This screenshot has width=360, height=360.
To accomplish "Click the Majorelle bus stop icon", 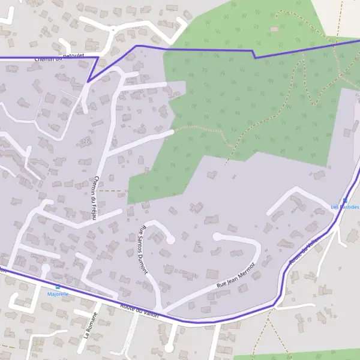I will coord(58,287).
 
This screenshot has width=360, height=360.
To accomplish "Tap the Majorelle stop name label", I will coord(58,294).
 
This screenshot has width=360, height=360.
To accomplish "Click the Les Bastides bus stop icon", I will coord(345,200).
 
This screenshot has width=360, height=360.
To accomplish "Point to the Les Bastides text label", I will coord(345,207).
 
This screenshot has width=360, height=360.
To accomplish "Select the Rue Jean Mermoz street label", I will coord(236,274).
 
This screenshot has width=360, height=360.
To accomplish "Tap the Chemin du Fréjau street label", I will coord(95,197).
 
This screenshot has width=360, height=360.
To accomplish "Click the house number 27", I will coord(86,141).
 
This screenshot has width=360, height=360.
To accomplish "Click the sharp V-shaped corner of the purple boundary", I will coord(88,82).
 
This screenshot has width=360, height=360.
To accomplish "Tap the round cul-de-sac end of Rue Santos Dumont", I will coord(170,239).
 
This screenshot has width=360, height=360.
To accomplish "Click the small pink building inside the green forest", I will coord(274,29).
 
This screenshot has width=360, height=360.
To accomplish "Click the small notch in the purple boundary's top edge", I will coord(255,57).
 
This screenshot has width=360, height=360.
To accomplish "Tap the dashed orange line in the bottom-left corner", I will coord(8,346).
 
